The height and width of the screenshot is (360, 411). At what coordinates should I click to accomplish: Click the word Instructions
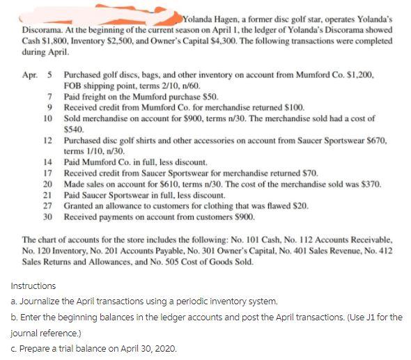[34, 285]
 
